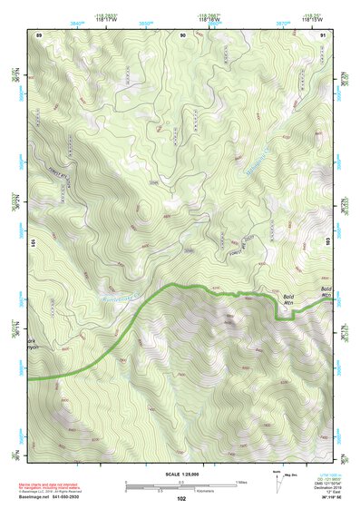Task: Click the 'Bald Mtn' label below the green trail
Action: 289,299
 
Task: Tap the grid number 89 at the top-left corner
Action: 39,34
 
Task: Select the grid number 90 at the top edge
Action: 183,34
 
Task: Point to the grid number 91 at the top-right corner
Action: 323,34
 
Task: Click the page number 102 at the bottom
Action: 181,498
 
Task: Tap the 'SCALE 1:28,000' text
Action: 181,474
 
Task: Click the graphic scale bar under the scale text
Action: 181,485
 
